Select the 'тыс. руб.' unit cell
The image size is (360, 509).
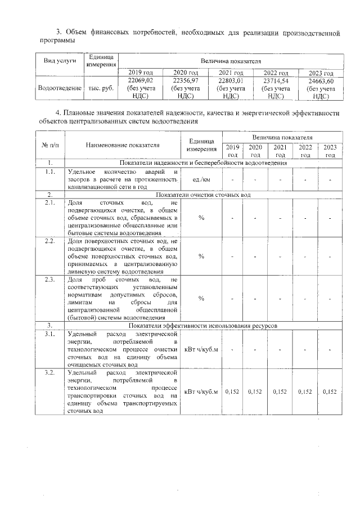(x=102, y=88)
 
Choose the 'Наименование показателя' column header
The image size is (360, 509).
(x=123, y=145)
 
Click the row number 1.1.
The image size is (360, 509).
(x=50, y=172)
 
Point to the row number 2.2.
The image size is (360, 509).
(x=50, y=241)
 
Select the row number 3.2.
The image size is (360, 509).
(x=50, y=372)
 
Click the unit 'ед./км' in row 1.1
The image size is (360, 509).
(x=201, y=179)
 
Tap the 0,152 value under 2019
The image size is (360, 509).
(x=232, y=392)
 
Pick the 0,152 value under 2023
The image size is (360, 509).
(x=330, y=392)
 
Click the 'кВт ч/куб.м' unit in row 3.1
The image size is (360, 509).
(x=201, y=349)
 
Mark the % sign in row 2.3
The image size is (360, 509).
(x=201, y=299)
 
